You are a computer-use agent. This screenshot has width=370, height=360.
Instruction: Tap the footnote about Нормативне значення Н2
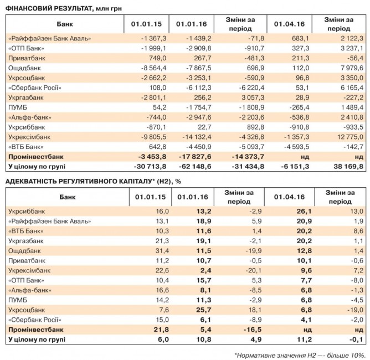tap(299, 353)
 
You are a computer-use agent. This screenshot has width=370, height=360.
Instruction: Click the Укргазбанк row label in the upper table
tap(25, 97)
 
